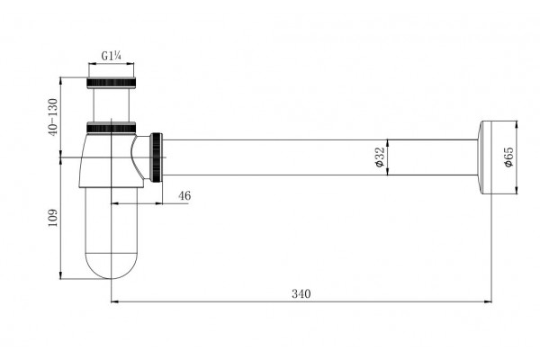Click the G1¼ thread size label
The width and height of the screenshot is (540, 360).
pos(111,56)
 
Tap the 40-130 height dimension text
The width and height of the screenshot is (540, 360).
pos(53,117)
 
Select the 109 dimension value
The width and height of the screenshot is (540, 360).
pos(53,218)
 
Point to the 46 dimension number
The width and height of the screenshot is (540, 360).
pos(184,195)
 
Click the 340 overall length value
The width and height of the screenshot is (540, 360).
pos(301,294)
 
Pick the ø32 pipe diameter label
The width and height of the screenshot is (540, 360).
pos(379,157)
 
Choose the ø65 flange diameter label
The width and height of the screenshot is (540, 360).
pos(508,157)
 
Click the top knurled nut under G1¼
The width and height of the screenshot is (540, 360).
pos(111,83)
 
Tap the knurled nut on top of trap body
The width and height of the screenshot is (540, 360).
pos(111,128)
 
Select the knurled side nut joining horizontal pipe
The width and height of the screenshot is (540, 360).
pos(156,157)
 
